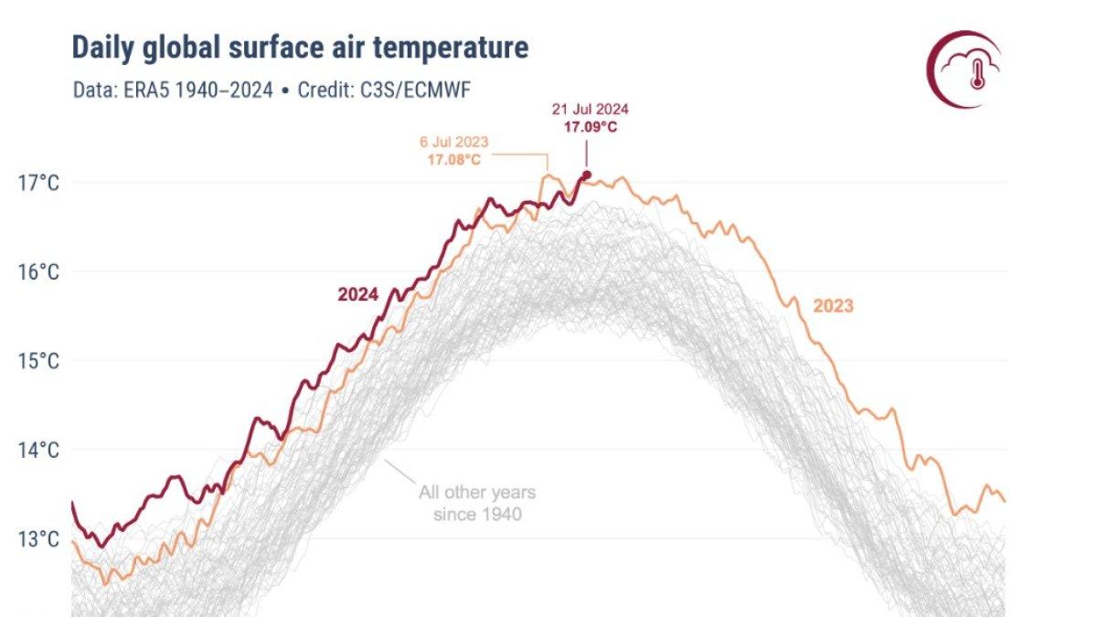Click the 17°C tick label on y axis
pos(37,183)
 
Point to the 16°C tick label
pos(37,271)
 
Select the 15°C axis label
pos(37,360)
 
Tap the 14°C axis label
pos(37,450)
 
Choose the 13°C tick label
pos(37,538)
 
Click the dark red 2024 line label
pos(358,294)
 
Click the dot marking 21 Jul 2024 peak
pos(586,175)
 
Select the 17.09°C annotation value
pos(590,127)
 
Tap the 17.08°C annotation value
pos(453,160)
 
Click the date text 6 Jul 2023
pos(454,143)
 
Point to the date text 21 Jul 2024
pos(590,109)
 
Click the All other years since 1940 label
pos(477,504)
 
